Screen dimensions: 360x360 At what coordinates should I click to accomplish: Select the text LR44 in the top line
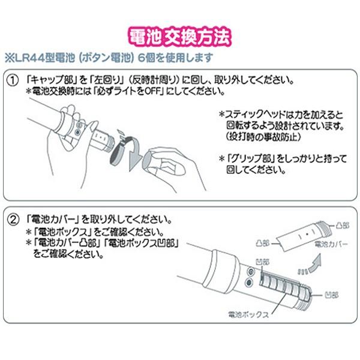tap(27, 58)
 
